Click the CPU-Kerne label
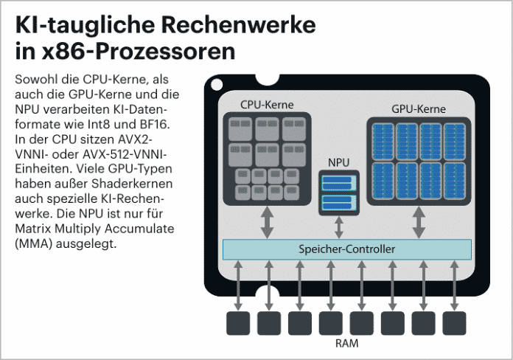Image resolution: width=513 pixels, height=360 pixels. tap(267, 105)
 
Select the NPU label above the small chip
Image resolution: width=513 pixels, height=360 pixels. tap(338, 161)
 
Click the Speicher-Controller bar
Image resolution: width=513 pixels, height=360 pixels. tap(346, 249)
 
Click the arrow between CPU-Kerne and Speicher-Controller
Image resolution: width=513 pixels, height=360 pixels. tap(267, 222)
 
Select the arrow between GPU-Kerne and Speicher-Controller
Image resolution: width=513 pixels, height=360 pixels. tap(419, 222)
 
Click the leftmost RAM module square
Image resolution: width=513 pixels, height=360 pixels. tap(238, 322)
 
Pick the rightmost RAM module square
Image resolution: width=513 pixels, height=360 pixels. tap(454, 322)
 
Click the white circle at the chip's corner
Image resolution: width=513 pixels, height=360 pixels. tap(216, 86)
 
